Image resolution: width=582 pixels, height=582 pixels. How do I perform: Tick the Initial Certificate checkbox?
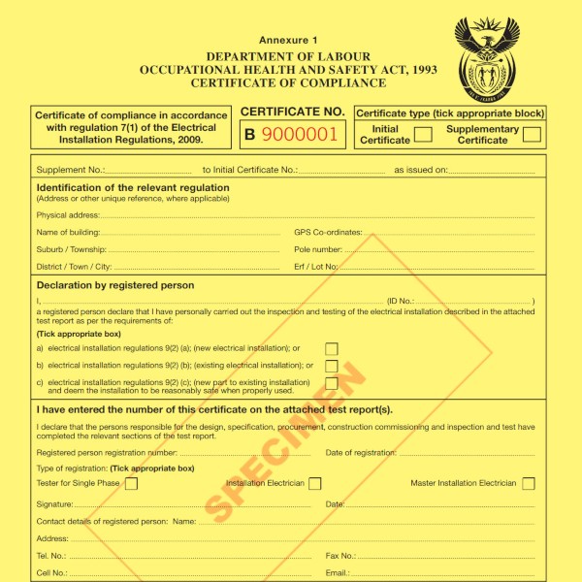click(x=423, y=135)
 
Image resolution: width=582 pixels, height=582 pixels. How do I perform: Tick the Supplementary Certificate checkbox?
click(x=532, y=135)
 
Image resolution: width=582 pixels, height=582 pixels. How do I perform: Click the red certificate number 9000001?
click(x=302, y=135)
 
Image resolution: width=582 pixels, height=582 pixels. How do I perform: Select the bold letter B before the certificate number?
click(x=249, y=136)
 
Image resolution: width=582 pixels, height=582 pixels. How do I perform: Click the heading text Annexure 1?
click(x=288, y=40)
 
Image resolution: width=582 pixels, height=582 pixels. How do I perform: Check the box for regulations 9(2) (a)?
click(x=332, y=348)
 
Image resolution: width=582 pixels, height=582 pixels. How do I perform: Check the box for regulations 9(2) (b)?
click(x=332, y=366)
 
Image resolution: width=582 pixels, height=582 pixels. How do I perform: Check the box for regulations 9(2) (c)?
click(x=332, y=383)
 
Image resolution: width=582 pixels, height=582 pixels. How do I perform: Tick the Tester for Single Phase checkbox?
click(x=131, y=483)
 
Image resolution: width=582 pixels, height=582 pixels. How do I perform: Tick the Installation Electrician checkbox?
click(x=315, y=483)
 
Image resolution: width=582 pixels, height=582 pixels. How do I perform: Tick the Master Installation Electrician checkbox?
click(x=529, y=483)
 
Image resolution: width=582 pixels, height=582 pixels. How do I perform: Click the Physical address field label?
click(x=68, y=214)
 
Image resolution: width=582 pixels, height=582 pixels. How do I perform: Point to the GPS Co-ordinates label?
click(x=328, y=233)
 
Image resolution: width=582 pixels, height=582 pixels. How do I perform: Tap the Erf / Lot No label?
click(x=316, y=266)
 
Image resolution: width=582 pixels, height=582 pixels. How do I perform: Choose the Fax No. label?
click(x=340, y=556)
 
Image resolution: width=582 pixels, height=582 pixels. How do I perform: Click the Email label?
click(x=337, y=573)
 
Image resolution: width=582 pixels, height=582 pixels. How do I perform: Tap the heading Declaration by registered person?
click(x=115, y=286)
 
